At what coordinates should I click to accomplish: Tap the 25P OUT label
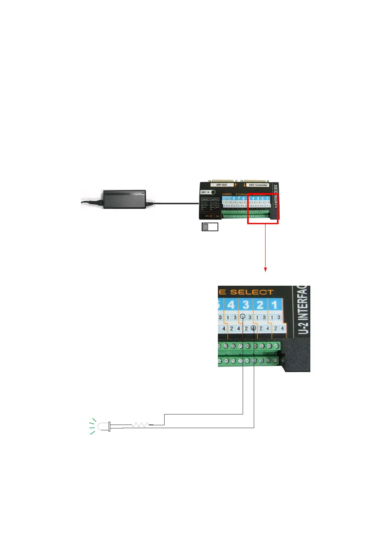coord(222,185)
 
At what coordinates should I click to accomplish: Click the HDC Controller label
coord(258,185)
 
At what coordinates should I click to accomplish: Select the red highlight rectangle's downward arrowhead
coord(265,270)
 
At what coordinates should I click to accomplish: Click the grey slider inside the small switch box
coord(206,227)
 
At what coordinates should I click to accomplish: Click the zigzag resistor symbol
coord(140,425)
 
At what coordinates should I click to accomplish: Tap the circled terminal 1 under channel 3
coord(243,316)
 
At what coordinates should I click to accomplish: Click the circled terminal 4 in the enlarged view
coord(253,328)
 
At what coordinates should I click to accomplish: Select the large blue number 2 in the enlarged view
coord(260,305)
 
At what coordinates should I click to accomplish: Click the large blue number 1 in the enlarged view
coord(274,305)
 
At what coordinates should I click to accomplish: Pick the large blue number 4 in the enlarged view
coord(231,305)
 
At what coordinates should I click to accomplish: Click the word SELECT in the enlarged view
coord(252,292)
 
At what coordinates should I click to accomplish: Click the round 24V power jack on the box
coord(213,192)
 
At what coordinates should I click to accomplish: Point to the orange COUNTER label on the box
coord(227,194)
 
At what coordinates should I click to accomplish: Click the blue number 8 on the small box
coord(234,199)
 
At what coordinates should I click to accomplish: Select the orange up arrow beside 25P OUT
coord(235,185)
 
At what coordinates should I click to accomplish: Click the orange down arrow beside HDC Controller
coord(244,185)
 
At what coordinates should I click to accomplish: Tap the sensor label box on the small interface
coord(205,199)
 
